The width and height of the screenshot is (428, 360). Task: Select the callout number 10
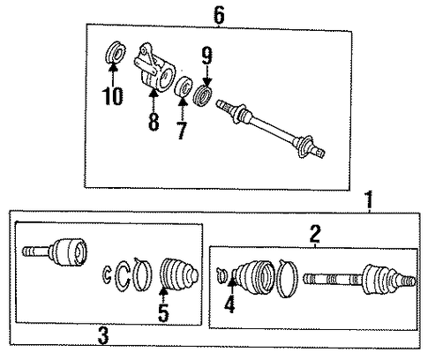point(113,96)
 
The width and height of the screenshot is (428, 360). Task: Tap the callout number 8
point(154,121)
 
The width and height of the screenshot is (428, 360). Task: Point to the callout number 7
point(182,130)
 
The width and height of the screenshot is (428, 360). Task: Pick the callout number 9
point(207,56)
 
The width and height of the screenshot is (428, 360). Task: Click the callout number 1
point(369,200)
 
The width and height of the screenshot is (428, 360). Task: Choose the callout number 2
point(315,234)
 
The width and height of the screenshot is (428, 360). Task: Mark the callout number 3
point(103,336)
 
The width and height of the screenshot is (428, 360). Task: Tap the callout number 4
point(229,304)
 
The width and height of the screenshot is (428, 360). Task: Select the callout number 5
point(163,313)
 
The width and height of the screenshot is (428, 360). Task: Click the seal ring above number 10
point(116,53)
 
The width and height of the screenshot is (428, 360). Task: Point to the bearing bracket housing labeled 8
point(154,68)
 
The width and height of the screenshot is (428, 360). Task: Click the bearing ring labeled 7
point(184,86)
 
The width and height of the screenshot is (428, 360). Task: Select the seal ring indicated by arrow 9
point(203,94)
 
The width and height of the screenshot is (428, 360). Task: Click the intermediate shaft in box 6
point(271,129)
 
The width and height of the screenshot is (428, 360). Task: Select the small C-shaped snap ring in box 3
point(107,274)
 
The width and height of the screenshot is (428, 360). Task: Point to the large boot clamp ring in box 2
point(288,278)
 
